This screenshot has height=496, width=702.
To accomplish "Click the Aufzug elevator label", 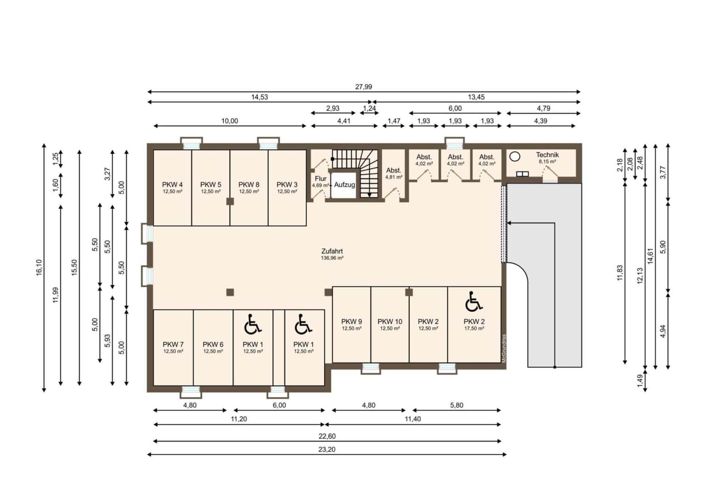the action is coord(345,185).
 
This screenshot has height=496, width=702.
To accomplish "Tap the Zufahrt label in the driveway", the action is coord(332,251).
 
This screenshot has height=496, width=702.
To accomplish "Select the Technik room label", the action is coord(547,155).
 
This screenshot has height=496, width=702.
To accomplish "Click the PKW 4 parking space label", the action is coord(172,185).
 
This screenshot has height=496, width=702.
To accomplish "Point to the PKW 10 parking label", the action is coord(390,321).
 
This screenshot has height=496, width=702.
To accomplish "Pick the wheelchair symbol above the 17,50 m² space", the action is coord(474,302).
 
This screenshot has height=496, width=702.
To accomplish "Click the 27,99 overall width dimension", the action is coord(363,87).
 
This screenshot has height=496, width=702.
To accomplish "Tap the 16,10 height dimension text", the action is coord(39,268).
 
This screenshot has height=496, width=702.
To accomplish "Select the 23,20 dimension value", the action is coord(327,449).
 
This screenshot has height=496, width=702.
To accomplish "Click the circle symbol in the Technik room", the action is coord(515,156).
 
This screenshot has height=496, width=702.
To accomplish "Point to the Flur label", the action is coord(321,179).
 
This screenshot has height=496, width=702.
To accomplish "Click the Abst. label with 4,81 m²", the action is coord(394,170).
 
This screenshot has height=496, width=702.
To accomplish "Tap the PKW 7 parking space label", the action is coord(173,344).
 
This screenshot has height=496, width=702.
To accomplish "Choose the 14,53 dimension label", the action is coord(260,97).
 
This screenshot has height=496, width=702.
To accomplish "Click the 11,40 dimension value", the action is coord(413,419).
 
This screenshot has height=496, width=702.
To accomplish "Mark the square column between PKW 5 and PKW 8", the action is coord(230,201).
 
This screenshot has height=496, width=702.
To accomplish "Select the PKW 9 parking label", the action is coord(351,321).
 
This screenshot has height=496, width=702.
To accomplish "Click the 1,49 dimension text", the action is coord(640,381).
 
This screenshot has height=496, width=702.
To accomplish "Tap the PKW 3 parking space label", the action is coord(287,185).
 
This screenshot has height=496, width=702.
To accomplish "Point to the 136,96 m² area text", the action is coord(332,258).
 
